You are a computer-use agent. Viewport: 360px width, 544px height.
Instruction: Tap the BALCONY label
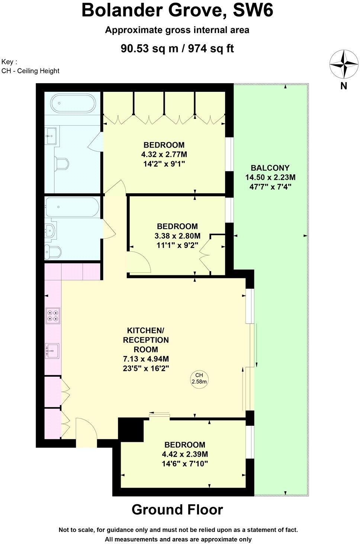tap(270, 168)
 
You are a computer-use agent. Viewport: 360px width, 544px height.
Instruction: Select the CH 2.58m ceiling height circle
tap(199, 379)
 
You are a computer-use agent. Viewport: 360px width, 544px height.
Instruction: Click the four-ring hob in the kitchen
tap(52, 315)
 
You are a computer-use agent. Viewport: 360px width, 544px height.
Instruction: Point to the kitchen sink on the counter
tap(52, 350)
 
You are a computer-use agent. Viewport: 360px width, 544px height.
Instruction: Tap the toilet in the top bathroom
tap(62, 163)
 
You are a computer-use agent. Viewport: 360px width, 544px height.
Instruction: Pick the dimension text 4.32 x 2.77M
tap(164, 154)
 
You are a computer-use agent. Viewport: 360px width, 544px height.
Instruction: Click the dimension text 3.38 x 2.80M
tap(177, 236)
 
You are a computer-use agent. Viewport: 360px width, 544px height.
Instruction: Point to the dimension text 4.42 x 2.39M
tap(185, 454)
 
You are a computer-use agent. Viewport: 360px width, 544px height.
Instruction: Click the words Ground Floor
tap(177, 510)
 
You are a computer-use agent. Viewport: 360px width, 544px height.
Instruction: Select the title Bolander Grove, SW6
tap(177, 10)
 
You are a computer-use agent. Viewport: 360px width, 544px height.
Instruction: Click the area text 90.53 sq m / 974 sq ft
tap(177, 48)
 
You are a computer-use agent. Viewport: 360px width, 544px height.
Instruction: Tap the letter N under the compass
tap(344, 86)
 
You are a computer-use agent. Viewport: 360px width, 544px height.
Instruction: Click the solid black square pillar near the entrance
tap(131, 430)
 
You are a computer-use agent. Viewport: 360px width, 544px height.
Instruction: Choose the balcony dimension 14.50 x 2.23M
tap(270, 177)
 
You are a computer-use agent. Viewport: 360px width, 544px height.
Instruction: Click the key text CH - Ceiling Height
tap(30, 71)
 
